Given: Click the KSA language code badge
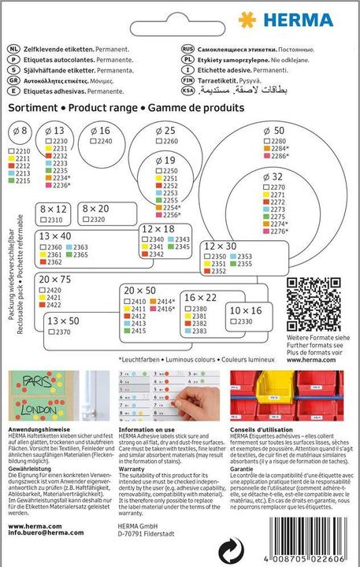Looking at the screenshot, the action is click(189, 91).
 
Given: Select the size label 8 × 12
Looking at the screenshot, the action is click(52, 209).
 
